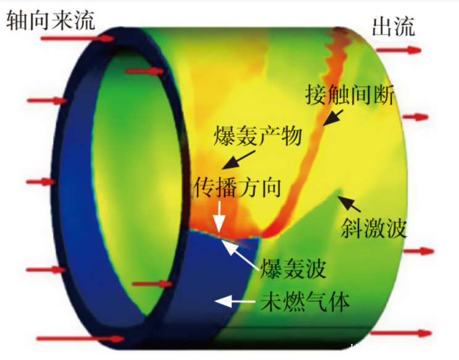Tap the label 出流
[394, 27]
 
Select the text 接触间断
[350, 94]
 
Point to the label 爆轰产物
[258, 136]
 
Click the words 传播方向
[237, 187]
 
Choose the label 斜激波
[374, 229]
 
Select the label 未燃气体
[305, 302]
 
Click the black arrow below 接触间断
[333, 118]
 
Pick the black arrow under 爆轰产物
[238, 160]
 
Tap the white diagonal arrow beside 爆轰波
[241, 255]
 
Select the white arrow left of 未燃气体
[235, 301]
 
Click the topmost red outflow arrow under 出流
[398, 51]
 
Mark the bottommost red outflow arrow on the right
[401, 333]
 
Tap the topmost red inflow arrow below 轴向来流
[77, 38]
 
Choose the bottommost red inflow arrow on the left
[80, 339]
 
